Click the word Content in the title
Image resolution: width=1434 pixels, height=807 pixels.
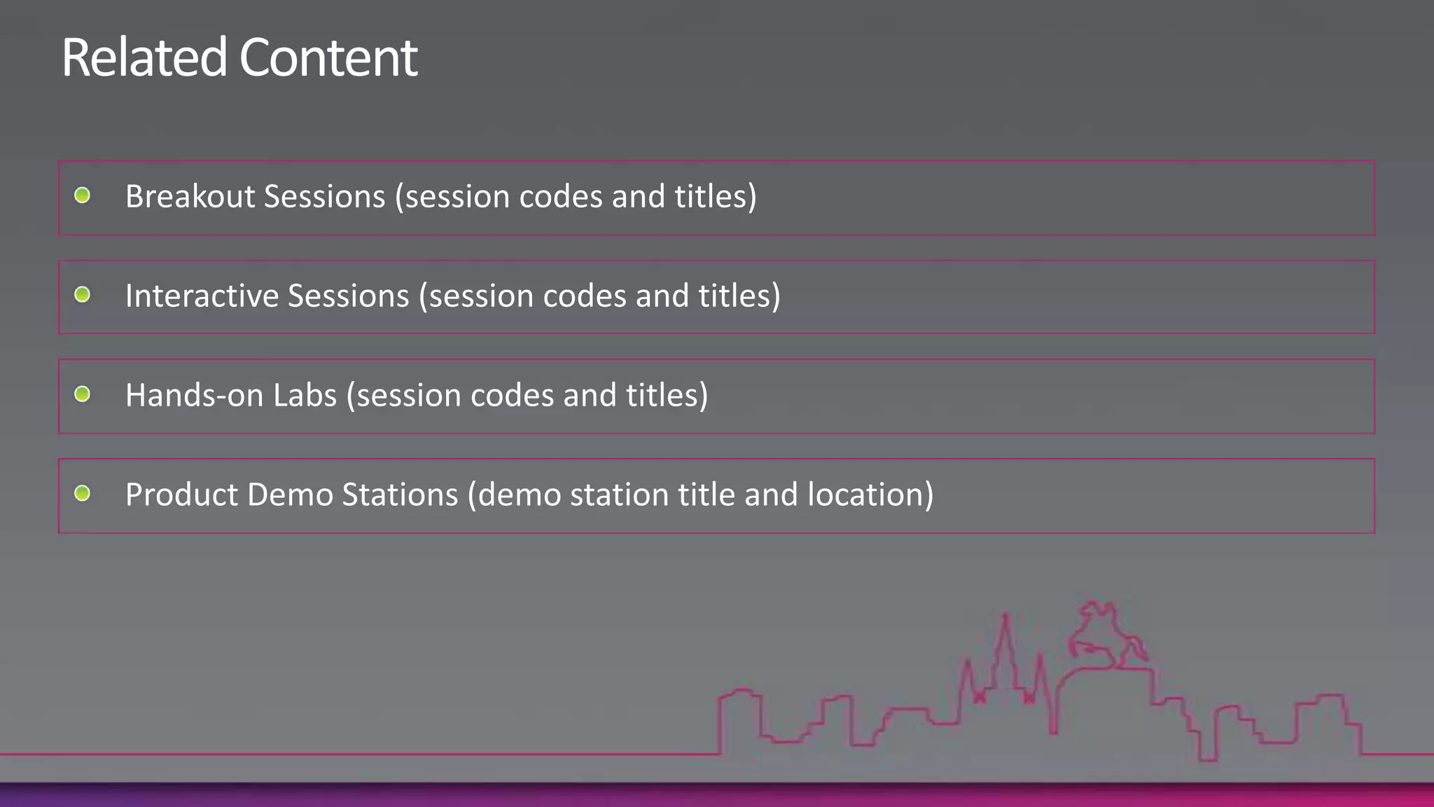328,57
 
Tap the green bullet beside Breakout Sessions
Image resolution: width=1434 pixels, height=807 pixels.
82,195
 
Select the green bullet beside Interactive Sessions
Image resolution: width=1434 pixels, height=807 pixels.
82,294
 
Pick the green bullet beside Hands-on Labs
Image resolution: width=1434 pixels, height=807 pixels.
82,394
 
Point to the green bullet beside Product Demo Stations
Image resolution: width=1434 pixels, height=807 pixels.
82,493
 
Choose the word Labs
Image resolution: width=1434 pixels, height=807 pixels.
305,395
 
